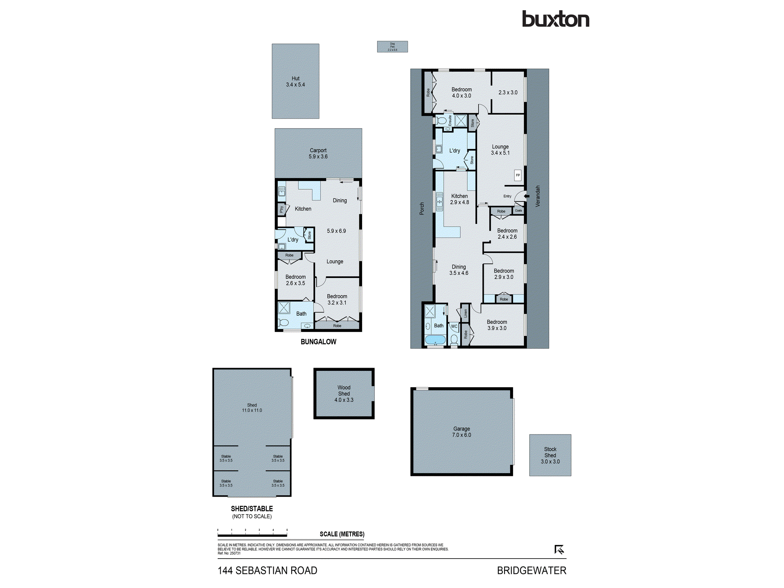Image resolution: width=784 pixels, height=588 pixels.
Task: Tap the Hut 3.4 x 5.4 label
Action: [x=295, y=82]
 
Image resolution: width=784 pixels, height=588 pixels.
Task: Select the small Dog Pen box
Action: [x=392, y=47]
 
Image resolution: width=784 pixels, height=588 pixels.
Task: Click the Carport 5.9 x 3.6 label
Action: [x=318, y=153]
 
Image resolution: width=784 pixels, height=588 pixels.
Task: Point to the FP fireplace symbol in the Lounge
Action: [x=518, y=175]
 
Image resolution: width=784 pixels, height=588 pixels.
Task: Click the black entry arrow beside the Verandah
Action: [x=527, y=196]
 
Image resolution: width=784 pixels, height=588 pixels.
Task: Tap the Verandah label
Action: [x=538, y=196]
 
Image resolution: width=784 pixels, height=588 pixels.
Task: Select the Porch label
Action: [x=422, y=209]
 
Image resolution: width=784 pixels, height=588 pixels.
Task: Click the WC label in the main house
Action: [x=454, y=326]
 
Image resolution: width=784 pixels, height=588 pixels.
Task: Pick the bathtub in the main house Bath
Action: [x=435, y=339]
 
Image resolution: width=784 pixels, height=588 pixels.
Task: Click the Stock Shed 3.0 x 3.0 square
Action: [x=550, y=455]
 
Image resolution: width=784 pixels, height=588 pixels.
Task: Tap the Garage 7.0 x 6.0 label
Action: [x=461, y=432]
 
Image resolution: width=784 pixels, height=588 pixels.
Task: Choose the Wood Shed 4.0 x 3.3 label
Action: [x=344, y=394]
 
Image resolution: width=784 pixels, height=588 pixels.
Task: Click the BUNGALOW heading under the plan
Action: [x=318, y=342]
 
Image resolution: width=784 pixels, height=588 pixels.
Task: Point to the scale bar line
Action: [x=252, y=535]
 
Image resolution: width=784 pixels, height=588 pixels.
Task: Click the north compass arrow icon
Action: [x=559, y=550]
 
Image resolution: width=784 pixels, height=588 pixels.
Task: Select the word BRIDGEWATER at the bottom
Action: [x=532, y=571]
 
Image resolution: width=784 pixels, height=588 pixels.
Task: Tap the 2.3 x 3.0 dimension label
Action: [x=508, y=93]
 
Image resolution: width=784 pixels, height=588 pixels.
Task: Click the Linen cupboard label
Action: [x=465, y=313]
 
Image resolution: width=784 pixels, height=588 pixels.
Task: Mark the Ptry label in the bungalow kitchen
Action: [x=281, y=209]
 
